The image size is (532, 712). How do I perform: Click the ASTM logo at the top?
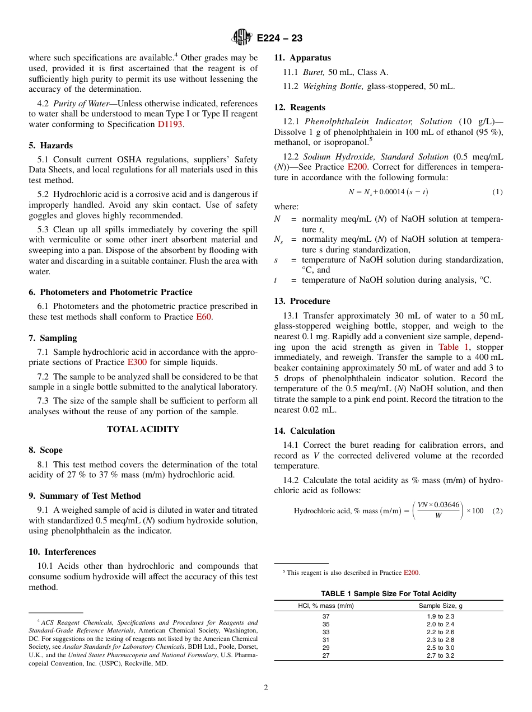click(242, 38)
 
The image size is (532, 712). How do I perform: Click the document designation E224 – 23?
click(279, 38)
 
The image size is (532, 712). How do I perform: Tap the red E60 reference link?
click(203, 317)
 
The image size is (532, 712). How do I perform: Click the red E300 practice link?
click(137, 362)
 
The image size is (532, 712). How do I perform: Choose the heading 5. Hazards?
click(50, 146)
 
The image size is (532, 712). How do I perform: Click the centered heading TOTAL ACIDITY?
click(143, 429)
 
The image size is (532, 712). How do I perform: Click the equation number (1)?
click(497, 192)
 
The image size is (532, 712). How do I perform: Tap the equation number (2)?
click(497, 510)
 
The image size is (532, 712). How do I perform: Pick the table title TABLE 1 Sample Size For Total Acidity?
click(388, 593)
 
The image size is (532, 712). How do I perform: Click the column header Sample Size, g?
click(440, 606)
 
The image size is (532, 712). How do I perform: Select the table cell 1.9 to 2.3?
click(440, 616)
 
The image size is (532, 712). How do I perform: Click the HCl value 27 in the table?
click(326, 655)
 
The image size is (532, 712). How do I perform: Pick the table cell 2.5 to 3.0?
click(440, 648)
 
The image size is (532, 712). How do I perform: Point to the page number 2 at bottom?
click(266, 688)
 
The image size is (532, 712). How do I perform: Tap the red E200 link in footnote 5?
click(411, 573)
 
